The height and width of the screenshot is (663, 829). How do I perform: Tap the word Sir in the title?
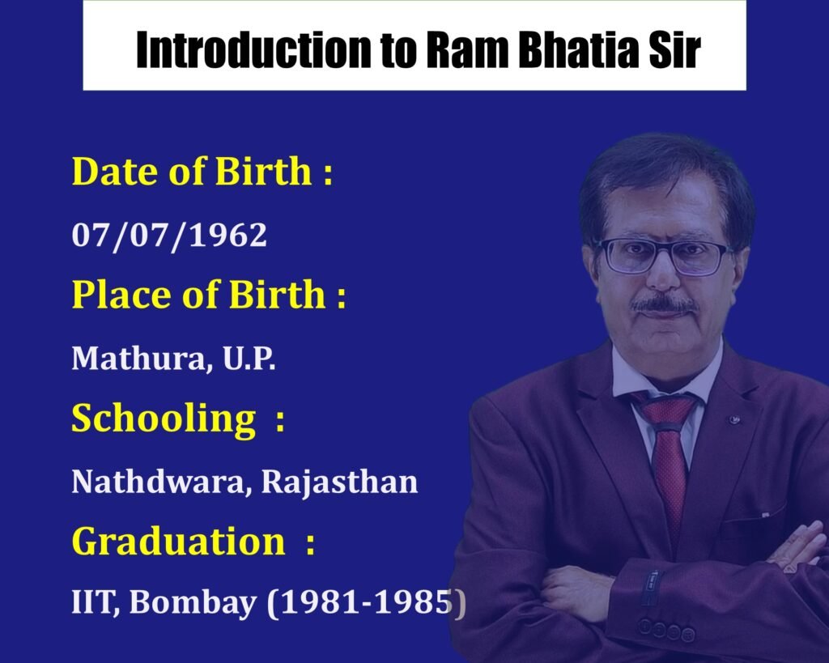671,51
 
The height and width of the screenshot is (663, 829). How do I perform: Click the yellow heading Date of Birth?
191,172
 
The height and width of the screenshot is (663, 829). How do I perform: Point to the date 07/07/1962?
169,235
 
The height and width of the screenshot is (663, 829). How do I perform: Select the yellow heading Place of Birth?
198,295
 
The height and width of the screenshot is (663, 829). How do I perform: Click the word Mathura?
134,358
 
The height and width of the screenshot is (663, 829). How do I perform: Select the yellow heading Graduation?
179,542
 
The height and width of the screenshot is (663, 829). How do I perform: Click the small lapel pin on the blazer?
735,419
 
